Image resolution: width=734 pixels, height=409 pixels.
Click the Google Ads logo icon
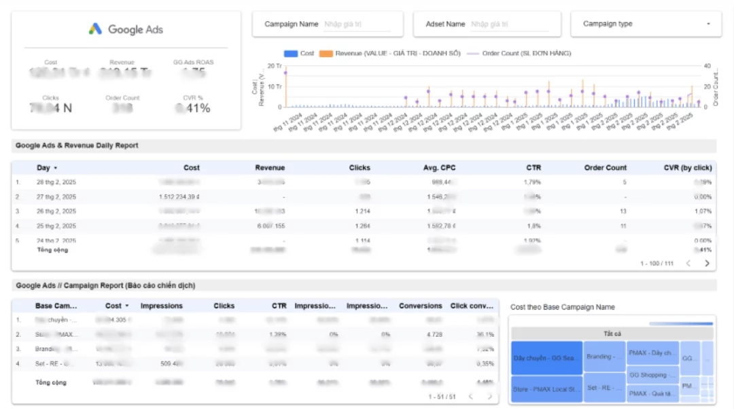(95, 29)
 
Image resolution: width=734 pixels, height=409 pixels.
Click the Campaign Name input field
(357, 24)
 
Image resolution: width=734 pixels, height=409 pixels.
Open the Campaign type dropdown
(645, 24)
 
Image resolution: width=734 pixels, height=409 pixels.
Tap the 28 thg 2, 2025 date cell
(56, 182)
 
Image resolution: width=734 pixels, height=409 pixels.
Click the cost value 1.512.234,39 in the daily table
(179, 197)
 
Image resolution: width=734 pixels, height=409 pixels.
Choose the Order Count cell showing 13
(623, 211)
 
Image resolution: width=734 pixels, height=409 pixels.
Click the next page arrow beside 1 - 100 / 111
(707, 263)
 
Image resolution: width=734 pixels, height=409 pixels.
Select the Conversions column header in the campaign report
(421, 306)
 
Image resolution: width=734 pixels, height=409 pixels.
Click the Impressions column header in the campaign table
(161, 306)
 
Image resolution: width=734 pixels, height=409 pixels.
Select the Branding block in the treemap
(604, 356)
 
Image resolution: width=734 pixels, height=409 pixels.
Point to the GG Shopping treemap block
(652, 374)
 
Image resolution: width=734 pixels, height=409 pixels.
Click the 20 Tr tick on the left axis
(275, 66)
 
